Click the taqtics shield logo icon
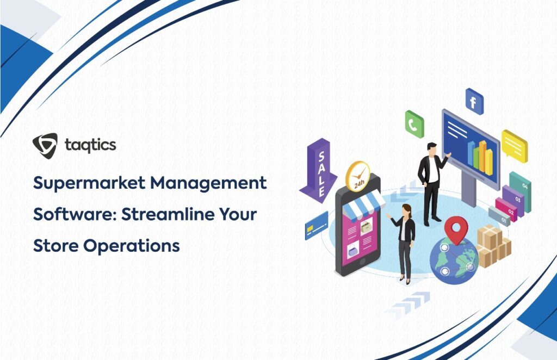click(x=45, y=146)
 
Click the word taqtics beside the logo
click(x=91, y=145)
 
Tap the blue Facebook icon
click(x=474, y=102)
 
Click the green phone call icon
click(x=414, y=124)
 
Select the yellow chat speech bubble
click(x=515, y=146)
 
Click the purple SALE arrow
click(x=318, y=170)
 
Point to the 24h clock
click(x=358, y=176)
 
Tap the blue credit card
click(x=317, y=226)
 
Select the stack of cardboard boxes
click(x=493, y=246)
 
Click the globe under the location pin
click(x=454, y=261)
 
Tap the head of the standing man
click(x=431, y=149)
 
